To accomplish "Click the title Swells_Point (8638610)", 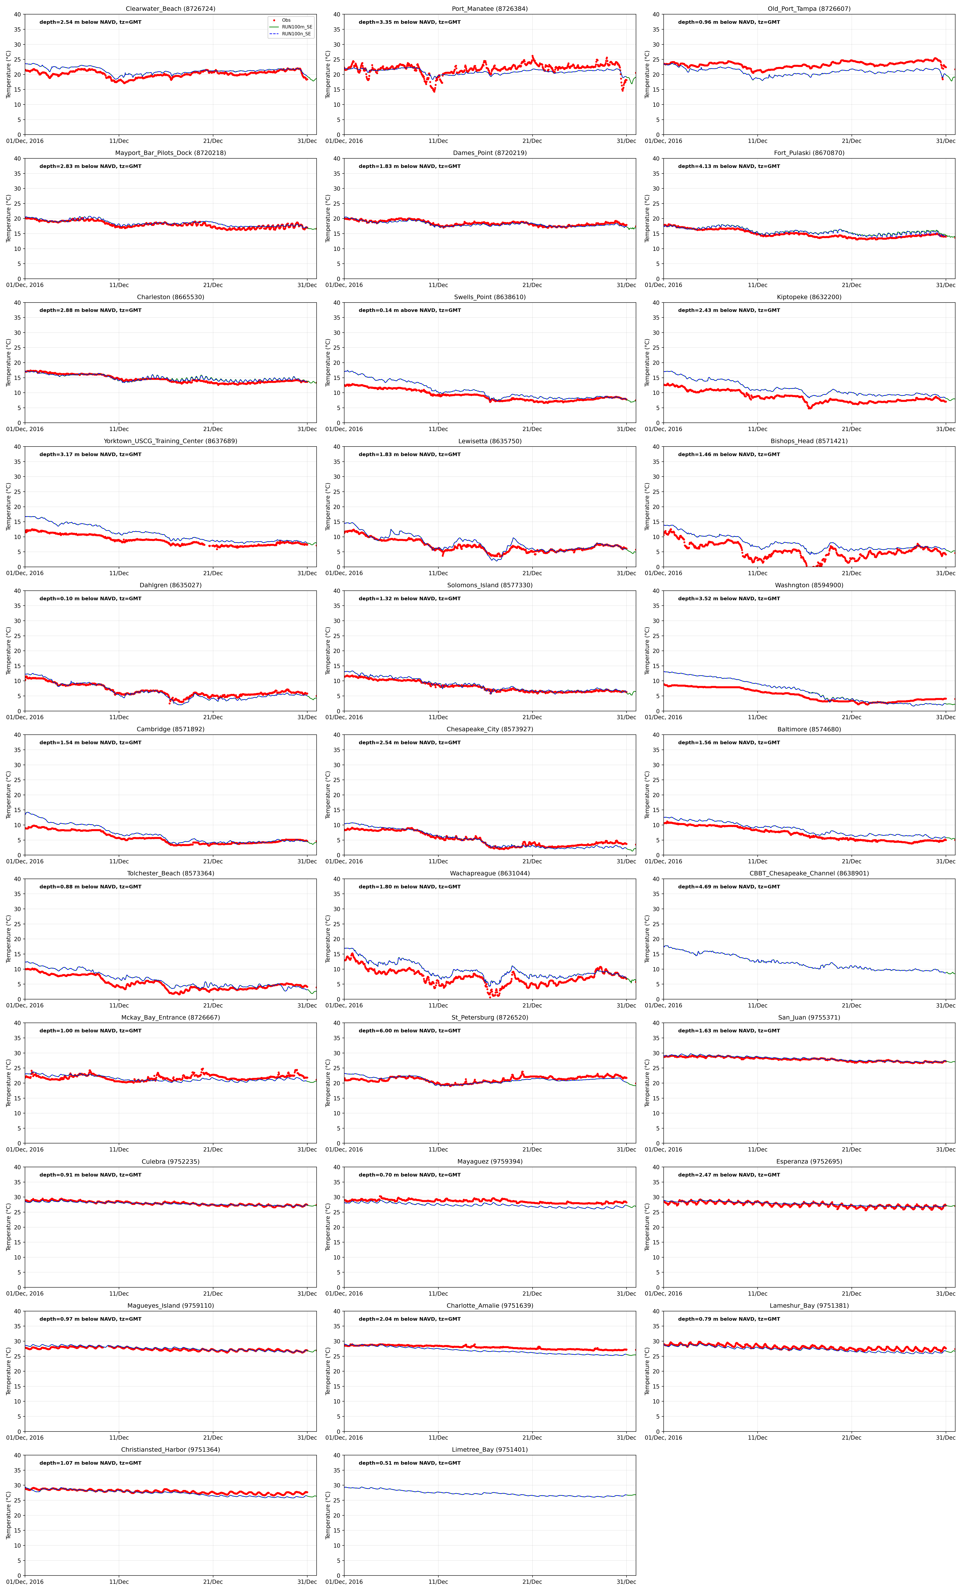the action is [489, 297].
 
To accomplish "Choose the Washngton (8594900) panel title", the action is [809, 585].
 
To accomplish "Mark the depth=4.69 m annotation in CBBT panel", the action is [729, 887].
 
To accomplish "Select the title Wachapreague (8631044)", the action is [489, 873].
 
